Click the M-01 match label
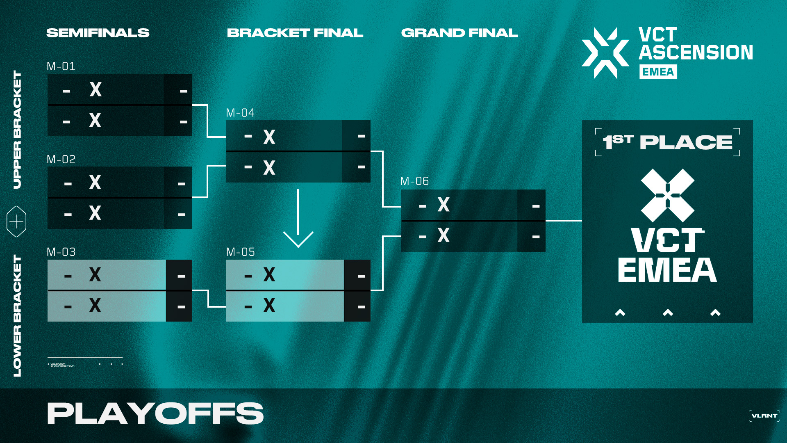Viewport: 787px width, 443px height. pos(61,66)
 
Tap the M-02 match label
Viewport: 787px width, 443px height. pos(61,159)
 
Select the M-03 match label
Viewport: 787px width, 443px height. pos(61,252)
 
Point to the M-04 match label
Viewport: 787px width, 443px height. pos(240,113)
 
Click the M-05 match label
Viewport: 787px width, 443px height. pos(241,252)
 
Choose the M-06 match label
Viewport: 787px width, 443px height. pos(414,181)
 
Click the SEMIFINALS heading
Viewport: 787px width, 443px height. pos(98,33)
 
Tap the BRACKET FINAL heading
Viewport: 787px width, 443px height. pos(295,33)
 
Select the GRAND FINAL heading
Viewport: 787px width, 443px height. pos(459,33)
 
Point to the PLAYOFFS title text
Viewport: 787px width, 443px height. pos(155,413)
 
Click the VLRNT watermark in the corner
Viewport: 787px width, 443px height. pos(764,416)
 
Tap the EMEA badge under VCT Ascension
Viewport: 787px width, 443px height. pos(658,72)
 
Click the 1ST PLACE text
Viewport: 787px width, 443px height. pos(667,142)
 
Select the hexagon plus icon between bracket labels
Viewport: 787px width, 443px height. pos(16,221)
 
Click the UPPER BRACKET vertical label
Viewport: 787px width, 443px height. pos(17,130)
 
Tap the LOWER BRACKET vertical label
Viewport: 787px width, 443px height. pos(17,315)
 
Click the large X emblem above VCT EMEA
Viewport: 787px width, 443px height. pos(667,195)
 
